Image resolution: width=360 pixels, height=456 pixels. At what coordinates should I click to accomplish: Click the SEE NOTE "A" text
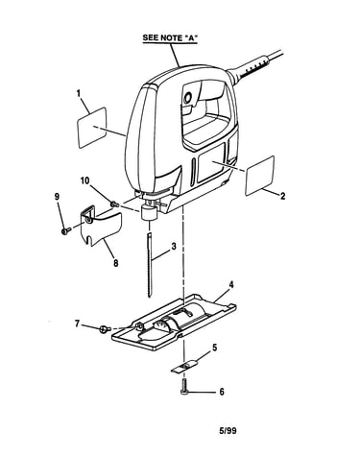[x=170, y=37]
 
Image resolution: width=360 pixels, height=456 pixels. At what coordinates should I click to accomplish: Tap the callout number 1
[x=79, y=93]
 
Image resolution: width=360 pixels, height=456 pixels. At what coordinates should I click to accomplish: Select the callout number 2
[x=282, y=196]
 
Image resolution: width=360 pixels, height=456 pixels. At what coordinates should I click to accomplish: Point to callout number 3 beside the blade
[x=173, y=247]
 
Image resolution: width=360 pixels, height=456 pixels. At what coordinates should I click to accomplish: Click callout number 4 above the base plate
[x=231, y=284]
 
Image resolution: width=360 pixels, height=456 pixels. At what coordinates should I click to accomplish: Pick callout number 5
[x=214, y=348]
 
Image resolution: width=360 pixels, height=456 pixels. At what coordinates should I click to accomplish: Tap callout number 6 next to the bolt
[x=222, y=392]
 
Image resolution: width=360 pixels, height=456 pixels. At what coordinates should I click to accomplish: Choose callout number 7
[x=77, y=324]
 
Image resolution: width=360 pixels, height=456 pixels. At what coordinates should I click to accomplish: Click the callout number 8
[x=115, y=263]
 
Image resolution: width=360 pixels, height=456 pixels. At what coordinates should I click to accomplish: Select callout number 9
[x=57, y=196]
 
